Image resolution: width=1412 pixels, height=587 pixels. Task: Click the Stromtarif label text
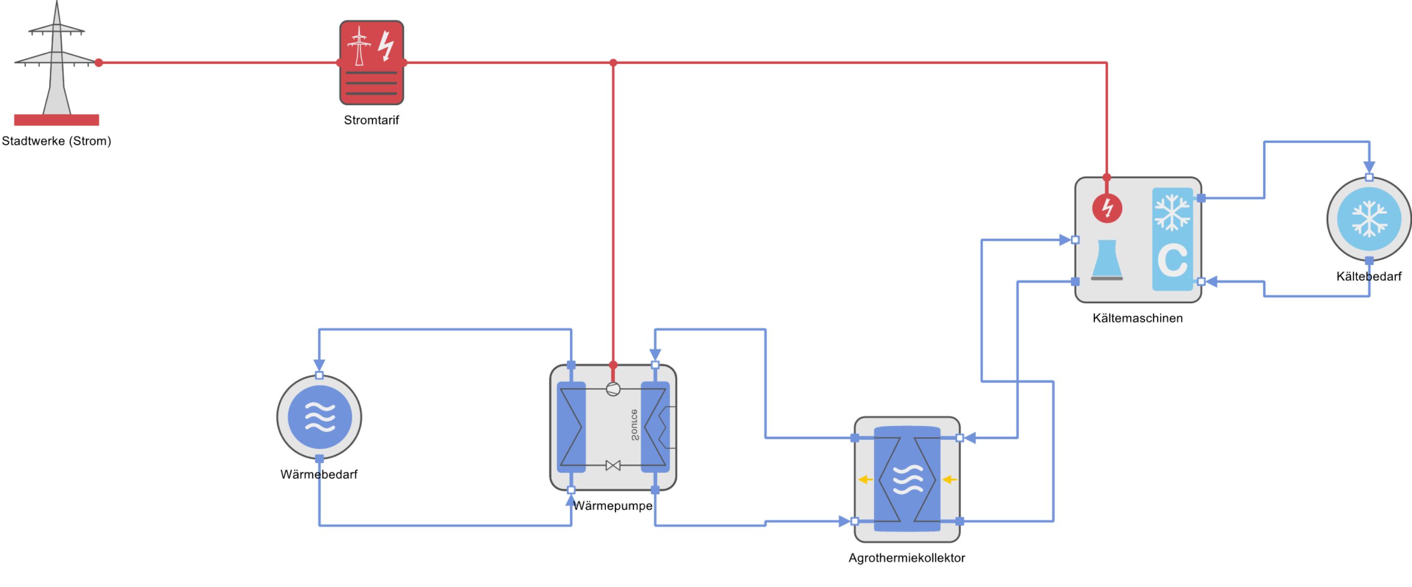pyautogui.click(x=371, y=120)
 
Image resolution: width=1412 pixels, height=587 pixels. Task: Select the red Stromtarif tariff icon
pyautogui.click(x=372, y=62)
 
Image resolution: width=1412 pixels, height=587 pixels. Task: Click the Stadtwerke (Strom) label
pyautogui.click(x=56, y=141)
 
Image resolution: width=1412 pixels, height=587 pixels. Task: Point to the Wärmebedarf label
pyautogui.click(x=319, y=474)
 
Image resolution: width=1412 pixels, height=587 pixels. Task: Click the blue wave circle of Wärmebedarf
pyautogui.click(x=320, y=417)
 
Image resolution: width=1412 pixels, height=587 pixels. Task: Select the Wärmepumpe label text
pyautogui.click(x=613, y=505)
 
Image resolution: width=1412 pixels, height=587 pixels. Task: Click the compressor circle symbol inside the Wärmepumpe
pyautogui.click(x=613, y=389)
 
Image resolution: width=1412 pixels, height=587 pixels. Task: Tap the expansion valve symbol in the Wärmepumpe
pyautogui.click(x=613, y=466)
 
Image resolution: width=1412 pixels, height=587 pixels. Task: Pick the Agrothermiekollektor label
pyautogui.click(x=907, y=558)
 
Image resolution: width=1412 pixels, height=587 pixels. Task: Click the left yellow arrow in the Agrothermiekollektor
pyautogui.click(x=865, y=480)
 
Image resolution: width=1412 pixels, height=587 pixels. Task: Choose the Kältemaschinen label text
pyautogui.click(x=1137, y=318)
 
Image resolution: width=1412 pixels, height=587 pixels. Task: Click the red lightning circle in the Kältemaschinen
pyautogui.click(x=1107, y=208)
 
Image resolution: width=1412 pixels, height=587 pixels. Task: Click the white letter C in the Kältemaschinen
pyautogui.click(x=1172, y=260)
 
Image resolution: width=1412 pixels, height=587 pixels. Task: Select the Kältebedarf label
pyautogui.click(x=1369, y=276)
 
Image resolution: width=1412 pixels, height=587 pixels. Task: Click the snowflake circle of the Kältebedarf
pyautogui.click(x=1369, y=219)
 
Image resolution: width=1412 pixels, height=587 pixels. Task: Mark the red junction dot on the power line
pyautogui.click(x=613, y=62)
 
